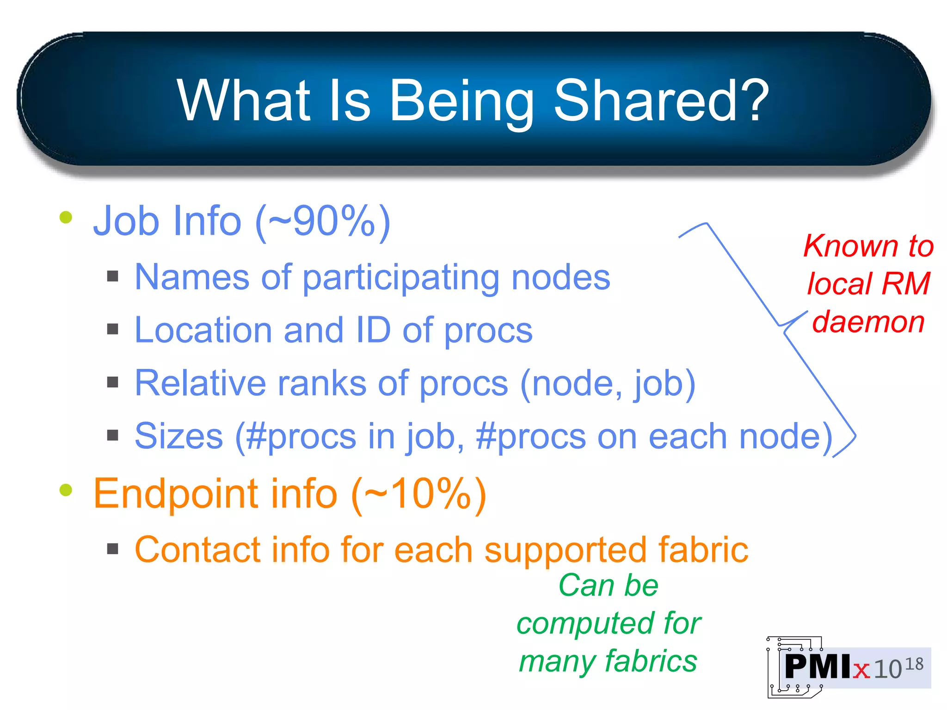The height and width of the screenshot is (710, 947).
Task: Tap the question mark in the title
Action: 754,100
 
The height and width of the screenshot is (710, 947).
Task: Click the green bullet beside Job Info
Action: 66,217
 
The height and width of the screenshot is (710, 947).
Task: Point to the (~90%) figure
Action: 323,221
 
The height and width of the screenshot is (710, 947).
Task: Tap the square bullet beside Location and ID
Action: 112,329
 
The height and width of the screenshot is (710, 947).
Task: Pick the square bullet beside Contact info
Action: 112,549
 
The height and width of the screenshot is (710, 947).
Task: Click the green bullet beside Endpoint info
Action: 66,490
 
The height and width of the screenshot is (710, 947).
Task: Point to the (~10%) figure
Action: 419,494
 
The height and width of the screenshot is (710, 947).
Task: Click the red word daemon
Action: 868,322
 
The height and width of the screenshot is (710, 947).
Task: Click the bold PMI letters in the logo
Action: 818,667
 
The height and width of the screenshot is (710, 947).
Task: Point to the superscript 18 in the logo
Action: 914,664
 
